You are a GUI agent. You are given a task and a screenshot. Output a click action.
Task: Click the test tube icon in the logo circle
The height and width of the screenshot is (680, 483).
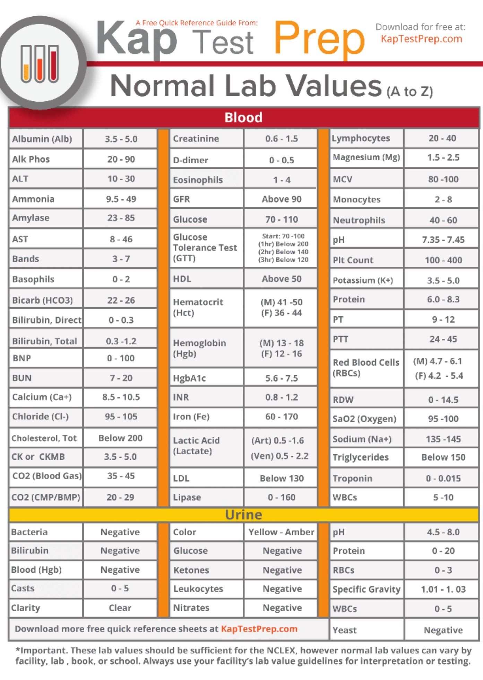pos(40,63)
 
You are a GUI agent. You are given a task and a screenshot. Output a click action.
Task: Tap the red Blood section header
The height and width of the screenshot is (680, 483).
pos(243,118)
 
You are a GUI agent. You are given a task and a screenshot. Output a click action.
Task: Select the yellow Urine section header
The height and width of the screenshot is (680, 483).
pos(243,515)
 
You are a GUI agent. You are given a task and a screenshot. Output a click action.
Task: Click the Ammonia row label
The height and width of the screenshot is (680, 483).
pos(33,199)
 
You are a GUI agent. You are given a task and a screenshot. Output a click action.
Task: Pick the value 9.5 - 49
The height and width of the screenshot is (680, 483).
pos(121,199)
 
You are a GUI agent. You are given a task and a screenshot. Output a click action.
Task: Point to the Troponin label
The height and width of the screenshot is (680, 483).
pos(352,479)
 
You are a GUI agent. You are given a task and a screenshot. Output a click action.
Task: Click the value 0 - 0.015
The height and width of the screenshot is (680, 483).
pos(443,479)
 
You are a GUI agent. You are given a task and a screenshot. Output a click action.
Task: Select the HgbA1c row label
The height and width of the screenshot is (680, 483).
pos(189,378)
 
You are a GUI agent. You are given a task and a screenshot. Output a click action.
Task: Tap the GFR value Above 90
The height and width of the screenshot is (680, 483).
pos(281,199)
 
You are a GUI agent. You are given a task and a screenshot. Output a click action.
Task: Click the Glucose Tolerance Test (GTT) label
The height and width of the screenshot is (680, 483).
pos(205,248)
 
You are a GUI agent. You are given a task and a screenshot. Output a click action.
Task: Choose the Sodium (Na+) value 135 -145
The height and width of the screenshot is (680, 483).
pos(443,439)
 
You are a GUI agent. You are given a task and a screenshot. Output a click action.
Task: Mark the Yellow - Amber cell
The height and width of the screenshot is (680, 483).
pos(281,532)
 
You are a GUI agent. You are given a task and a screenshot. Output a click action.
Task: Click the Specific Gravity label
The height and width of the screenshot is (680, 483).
pos(366,589)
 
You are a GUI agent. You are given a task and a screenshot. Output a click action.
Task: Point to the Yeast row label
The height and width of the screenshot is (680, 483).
pos(344,630)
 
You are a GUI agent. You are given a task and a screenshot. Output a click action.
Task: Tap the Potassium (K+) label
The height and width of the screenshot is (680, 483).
pos(363,280)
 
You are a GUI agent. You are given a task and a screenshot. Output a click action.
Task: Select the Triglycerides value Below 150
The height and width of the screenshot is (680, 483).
pos(443,457)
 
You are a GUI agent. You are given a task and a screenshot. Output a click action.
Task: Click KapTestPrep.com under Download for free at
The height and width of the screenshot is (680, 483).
pos(421,39)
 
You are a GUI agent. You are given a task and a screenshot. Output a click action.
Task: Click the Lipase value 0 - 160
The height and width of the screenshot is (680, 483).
pos(281,497)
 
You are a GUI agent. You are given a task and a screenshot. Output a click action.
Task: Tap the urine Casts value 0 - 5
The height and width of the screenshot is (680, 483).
pos(120,588)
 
